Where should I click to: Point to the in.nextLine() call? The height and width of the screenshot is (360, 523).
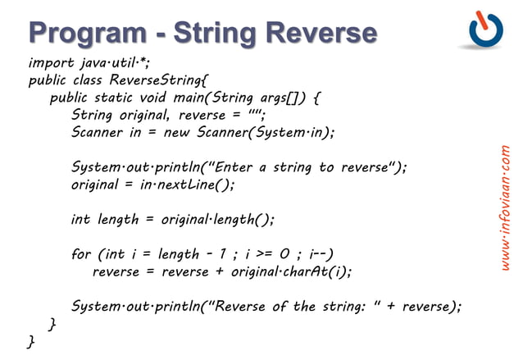pos(185,185)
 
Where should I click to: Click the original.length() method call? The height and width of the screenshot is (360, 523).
pos(217,220)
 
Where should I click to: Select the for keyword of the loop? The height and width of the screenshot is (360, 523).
pos(81,254)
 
